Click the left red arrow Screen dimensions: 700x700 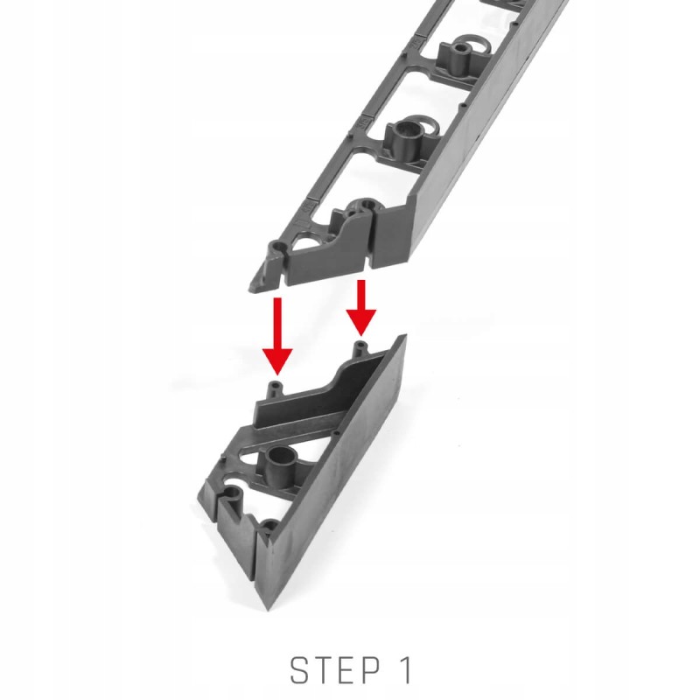[277, 336]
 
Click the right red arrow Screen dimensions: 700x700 [361, 308]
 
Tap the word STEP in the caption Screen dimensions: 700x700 [336, 669]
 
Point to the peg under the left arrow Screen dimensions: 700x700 [276, 389]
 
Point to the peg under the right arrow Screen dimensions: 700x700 [360, 349]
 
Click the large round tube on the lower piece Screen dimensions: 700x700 [282, 465]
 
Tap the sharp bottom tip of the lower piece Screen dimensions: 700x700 [268, 608]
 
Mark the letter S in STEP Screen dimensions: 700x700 [299, 669]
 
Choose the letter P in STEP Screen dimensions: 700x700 [372, 669]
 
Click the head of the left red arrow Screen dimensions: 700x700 [277, 361]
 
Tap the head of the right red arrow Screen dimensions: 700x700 [361, 323]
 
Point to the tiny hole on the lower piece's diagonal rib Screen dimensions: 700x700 [338, 433]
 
